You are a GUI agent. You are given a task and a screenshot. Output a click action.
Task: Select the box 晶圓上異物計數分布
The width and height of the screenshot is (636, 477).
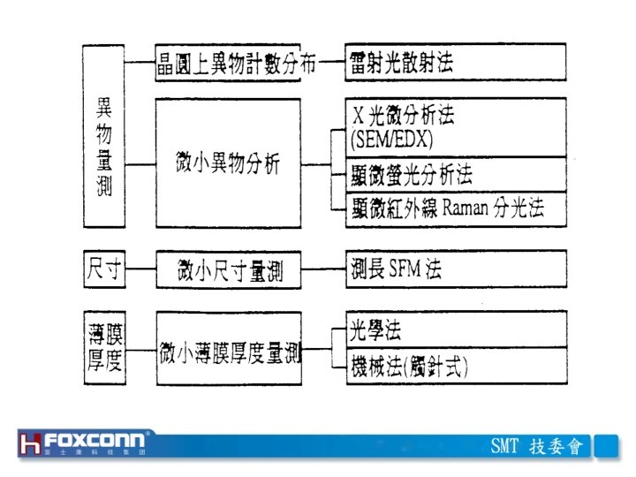point(227,64)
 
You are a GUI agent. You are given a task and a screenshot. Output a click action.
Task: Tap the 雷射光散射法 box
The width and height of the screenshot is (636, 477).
point(455,64)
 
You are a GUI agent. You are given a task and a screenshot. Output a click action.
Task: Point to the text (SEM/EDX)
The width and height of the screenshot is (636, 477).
point(392,139)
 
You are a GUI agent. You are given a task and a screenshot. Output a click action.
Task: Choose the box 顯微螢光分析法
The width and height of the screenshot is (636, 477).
point(455,173)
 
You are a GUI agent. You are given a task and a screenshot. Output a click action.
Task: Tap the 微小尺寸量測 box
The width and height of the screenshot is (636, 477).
point(227,269)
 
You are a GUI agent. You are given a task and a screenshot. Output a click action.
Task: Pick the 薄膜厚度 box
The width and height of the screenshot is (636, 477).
point(104,347)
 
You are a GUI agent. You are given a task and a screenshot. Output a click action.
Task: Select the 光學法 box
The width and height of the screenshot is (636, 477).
point(455,332)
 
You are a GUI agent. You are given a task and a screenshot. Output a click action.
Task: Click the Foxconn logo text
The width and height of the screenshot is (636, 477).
point(99,440)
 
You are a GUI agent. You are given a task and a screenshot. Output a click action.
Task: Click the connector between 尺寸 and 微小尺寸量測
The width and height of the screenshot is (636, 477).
point(141,269)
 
